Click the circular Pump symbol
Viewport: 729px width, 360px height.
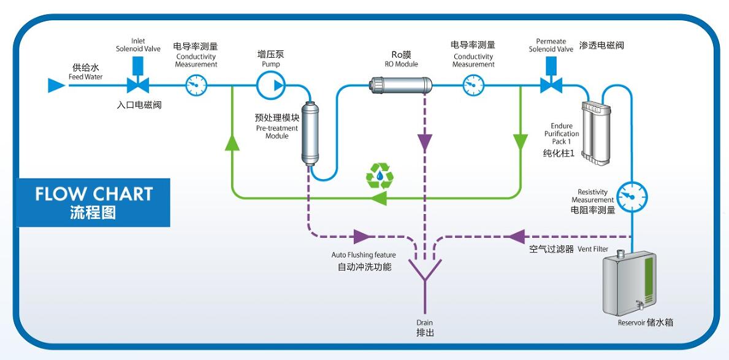(x=270, y=84)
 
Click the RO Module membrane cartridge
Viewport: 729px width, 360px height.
(x=402, y=84)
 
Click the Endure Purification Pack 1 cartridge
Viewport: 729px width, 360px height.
(x=597, y=134)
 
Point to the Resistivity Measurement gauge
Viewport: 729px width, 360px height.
(x=632, y=196)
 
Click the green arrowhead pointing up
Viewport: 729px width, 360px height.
(x=232, y=142)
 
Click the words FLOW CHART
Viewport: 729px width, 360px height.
(x=93, y=194)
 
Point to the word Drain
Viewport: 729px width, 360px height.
(x=425, y=323)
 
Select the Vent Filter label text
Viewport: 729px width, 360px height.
(x=592, y=249)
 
